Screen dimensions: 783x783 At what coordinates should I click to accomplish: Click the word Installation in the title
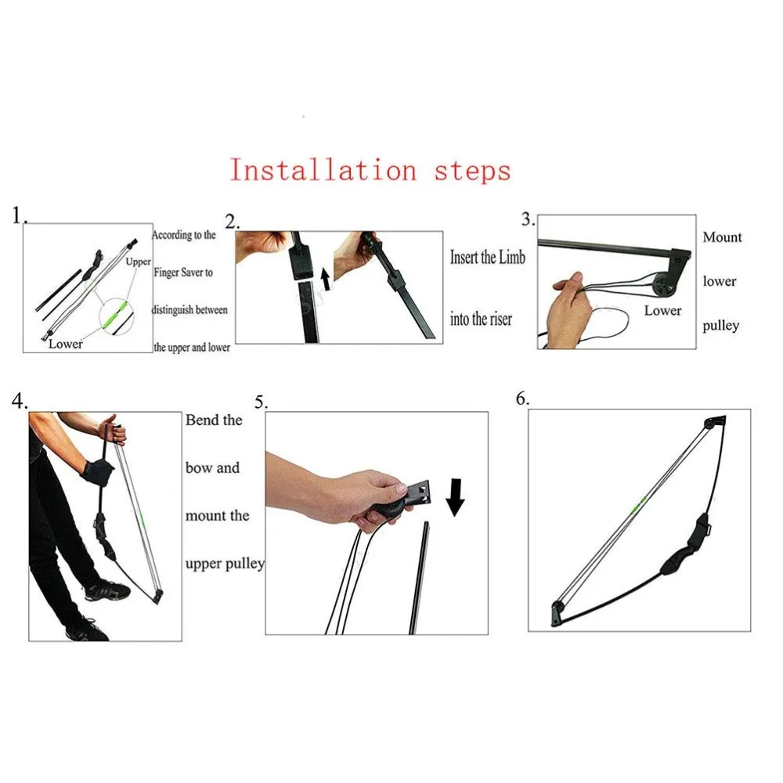[323, 170]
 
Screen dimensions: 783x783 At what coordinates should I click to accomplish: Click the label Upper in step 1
[138, 262]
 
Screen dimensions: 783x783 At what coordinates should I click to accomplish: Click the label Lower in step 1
[65, 343]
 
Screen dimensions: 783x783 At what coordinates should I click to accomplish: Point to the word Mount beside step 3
[722, 236]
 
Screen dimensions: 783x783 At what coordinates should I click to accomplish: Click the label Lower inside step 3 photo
[662, 310]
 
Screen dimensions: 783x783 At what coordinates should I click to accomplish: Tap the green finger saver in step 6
[640, 502]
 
